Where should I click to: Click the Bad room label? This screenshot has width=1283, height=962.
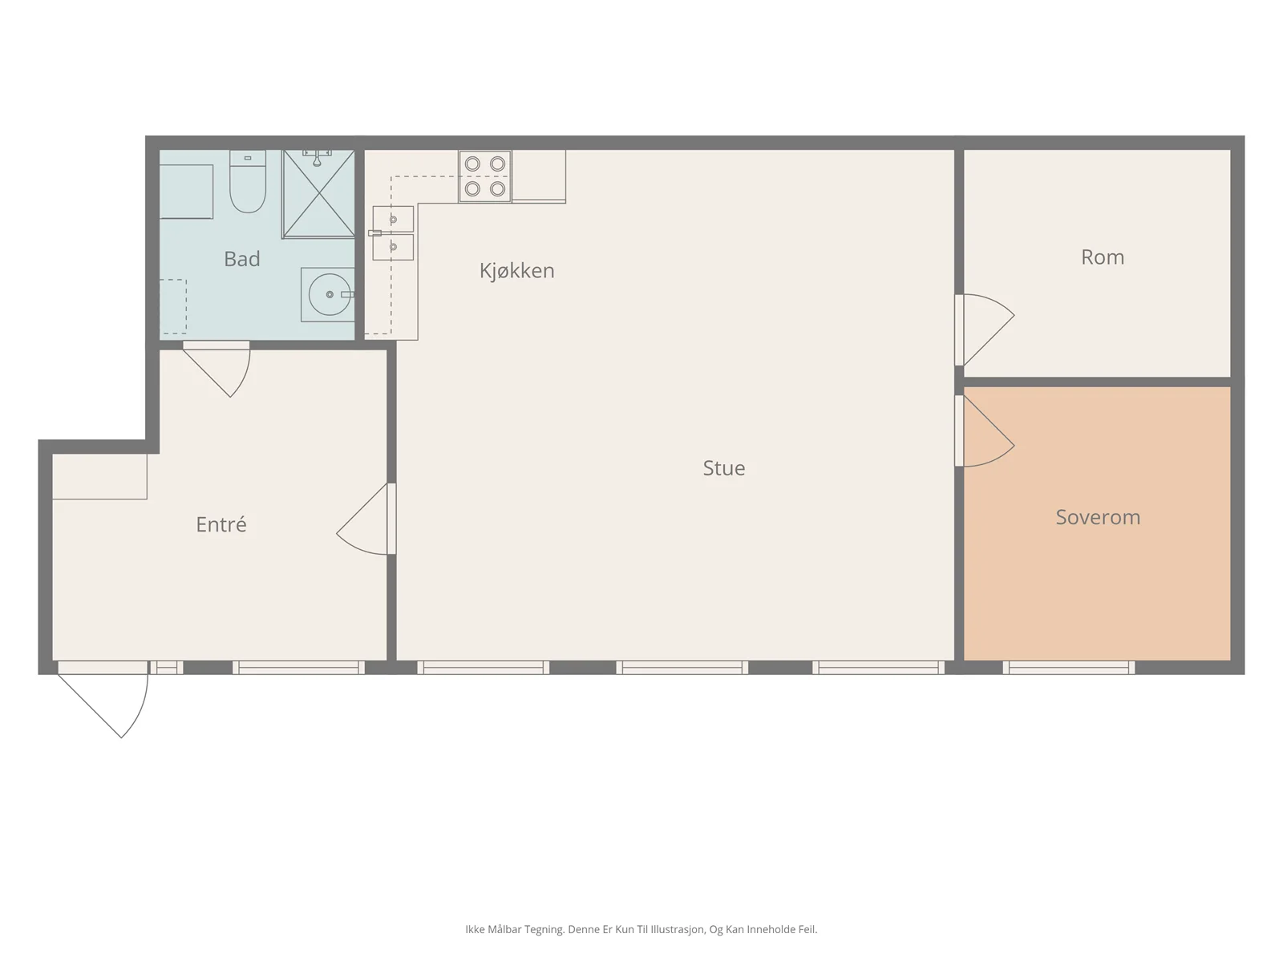click(241, 259)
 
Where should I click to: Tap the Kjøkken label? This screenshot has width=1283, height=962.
click(516, 270)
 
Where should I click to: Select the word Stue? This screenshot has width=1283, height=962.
click(723, 468)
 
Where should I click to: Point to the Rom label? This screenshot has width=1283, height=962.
click(1103, 257)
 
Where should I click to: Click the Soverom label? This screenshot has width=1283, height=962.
click(1098, 517)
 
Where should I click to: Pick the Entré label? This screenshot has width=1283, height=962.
click(221, 524)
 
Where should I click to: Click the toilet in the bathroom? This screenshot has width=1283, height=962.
click(248, 181)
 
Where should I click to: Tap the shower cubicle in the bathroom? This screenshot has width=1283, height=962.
click(318, 194)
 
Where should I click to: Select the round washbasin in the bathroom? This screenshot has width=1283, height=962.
click(329, 294)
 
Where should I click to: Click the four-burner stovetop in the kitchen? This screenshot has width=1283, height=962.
click(485, 176)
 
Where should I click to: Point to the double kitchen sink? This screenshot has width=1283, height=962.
click(393, 233)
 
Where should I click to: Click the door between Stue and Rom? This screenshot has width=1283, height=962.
click(985, 330)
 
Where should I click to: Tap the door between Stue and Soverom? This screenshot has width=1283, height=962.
click(985, 431)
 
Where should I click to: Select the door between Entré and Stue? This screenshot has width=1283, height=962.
click(366, 519)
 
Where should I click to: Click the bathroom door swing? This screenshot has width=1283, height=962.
click(217, 369)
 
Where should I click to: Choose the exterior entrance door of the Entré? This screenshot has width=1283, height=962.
click(103, 699)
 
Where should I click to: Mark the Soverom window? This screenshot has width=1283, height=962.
click(1068, 668)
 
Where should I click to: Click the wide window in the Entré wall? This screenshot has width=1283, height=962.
click(298, 668)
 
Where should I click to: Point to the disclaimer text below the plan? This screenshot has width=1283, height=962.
click(641, 929)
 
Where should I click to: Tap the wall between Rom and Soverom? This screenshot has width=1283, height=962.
click(1097, 382)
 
